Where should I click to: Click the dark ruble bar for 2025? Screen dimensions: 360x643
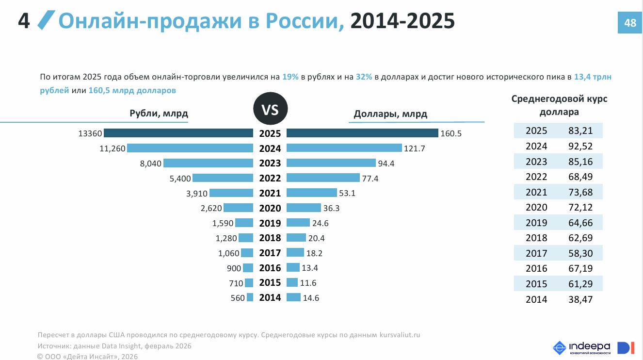pos(178,133)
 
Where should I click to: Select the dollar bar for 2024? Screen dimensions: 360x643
pos(344,148)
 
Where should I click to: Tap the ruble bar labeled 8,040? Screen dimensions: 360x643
pos(208,163)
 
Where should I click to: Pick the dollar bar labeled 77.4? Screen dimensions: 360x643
pos(323,178)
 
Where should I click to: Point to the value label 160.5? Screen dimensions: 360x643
pos(451,133)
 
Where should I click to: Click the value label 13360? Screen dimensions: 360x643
pos(90,133)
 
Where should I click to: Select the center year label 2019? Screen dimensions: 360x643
pos(270,223)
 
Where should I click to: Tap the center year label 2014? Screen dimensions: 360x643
pos(270,298)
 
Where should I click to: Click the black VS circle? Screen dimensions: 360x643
pos(270,110)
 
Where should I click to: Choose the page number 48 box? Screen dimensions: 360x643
pos(630,23)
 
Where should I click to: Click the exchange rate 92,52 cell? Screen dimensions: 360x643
pos(580,146)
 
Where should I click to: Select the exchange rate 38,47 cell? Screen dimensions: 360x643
pos(580,299)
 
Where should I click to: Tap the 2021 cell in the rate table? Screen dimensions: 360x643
pos(536,192)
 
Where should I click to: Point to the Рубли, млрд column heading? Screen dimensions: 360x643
pos(159,114)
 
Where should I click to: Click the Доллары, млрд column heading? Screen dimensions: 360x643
pos(390,114)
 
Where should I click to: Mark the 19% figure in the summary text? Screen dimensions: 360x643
pos(290,77)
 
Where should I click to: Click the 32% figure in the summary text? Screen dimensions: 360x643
pos(364,77)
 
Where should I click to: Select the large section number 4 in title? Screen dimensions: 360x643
pos(24,21)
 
